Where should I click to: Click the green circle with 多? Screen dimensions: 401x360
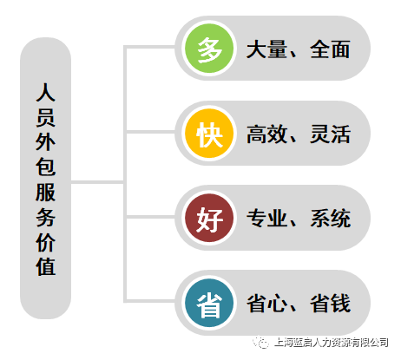pyautogui.click(x=209, y=49)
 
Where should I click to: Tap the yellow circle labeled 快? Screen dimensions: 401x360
pyautogui.click(x=209, y=134)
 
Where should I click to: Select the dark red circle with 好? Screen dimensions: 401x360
pyautogui.click(x=209, y=218)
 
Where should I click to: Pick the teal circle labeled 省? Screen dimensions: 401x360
pyautogui.click(x=209, y=303)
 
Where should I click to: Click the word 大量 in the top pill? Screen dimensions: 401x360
pyautogui.click(x=266, y=49)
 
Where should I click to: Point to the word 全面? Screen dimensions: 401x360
pyautogui.click(x=330, y=49)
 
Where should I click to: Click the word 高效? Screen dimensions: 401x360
pyautogui.click(x=266, y=134)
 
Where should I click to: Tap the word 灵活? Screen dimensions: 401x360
pyautogui.click(x=330, y=134)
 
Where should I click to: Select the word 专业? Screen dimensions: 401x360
pyautogui.click(x=266, y=219)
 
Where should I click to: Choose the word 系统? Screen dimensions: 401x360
pyautogui.click(x=330, y=219)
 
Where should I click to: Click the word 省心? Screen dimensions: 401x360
pyautogui.click(x=266, y=304)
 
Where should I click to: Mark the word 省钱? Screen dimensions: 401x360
pyautogui.click(x=330, y=304)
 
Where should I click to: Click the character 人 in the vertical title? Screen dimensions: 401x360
pyautogui.click(x=45, y=92)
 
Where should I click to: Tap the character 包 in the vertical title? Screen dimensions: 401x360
pyautogui.click(x=45, y=167)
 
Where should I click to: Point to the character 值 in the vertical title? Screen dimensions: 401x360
pyautogui.click(x=45, y=266)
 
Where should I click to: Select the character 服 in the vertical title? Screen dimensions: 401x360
pyautogui.click(x=45, y=192)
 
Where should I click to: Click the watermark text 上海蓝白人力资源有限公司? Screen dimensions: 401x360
pyautogui.click(x=331, y=343)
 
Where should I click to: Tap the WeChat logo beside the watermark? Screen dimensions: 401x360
pyautogui.click(x=261, y=343)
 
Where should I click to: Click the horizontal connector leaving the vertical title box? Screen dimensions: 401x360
pyautogui.click(x=97, y=182)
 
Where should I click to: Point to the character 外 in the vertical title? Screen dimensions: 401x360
pyautogui.click(x=45, y=142)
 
